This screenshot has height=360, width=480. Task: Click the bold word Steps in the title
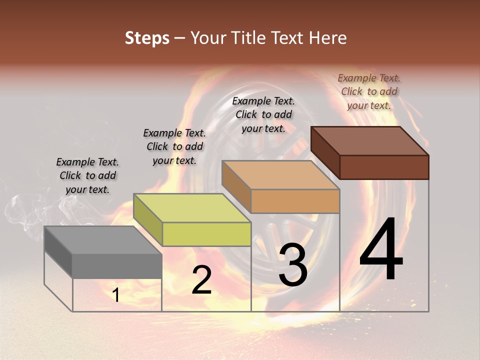147,38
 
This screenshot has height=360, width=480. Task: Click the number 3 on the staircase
293,265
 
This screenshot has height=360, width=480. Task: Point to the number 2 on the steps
201,280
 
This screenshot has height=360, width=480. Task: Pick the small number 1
116,295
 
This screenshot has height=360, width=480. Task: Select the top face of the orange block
280,175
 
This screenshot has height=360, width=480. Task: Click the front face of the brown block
384,167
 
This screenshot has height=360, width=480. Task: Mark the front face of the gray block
117,266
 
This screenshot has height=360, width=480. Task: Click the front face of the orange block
295,201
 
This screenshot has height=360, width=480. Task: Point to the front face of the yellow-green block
206,234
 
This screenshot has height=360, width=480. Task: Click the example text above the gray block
87,175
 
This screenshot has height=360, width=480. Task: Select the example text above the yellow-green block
174,146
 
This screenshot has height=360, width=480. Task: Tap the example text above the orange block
263,114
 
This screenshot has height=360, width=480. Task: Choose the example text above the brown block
369,91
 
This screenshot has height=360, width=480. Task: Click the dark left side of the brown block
325,152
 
